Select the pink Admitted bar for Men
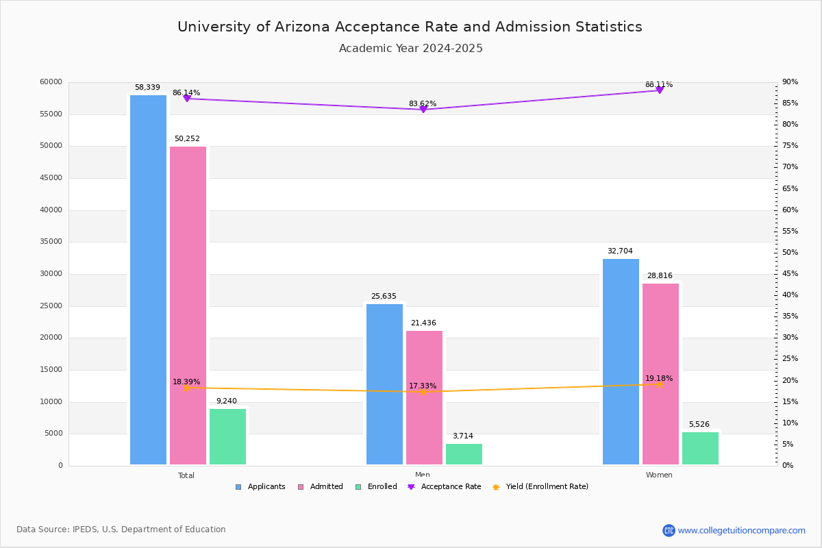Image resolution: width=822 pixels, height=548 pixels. pos(424,397)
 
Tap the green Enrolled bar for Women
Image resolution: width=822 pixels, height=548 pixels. pos(700,448)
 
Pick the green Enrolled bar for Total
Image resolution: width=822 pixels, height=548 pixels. pos(227,436)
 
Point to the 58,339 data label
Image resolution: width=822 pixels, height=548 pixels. pos(147,88)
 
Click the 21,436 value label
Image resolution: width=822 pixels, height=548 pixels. pos(423,323)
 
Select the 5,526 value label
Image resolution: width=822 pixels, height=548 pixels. pos(699,425)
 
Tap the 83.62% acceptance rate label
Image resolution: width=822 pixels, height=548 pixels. pos(423,104)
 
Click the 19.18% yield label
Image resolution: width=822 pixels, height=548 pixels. pos(659,379)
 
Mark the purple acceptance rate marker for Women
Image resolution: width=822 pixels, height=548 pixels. pos(660,90)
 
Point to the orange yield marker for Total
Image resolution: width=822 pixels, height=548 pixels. pos(186,388)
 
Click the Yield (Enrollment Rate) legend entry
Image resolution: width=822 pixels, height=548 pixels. pos(547,487)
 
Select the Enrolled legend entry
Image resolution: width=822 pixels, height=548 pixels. pos(382,487)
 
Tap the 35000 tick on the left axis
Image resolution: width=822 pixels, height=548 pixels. pos(51,242)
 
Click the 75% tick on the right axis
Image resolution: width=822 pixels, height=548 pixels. pos(790,146)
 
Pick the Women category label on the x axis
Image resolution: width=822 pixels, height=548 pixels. pos(659,475)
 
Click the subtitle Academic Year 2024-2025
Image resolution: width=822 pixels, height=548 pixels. pos(411,49)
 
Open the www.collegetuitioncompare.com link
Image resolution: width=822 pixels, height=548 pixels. pos(741,530)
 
